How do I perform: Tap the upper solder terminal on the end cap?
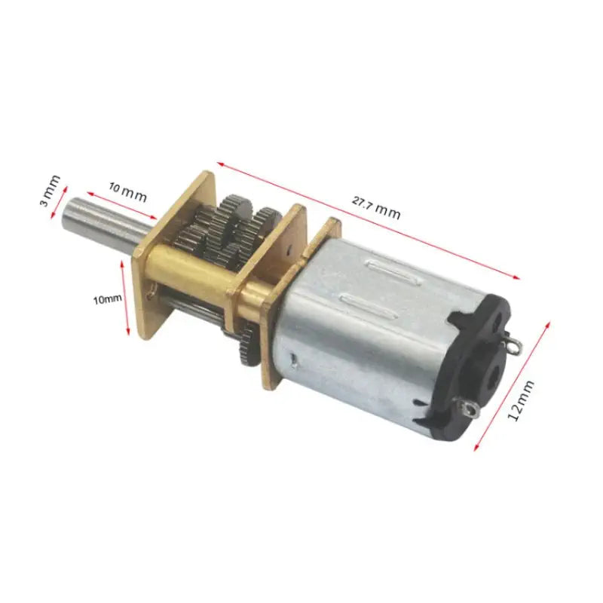click(x=513, y=347)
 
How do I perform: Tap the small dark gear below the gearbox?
click(x=249, y=343)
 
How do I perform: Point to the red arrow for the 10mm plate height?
click(x=126, y=298)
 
